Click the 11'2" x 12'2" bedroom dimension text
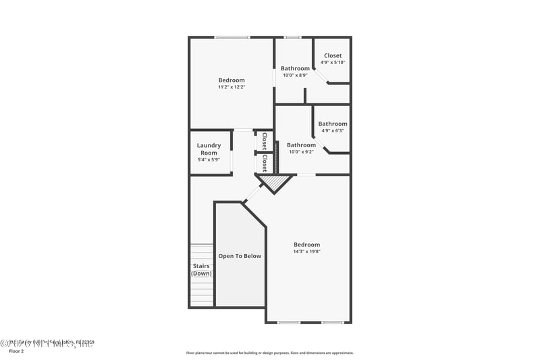[231, 87]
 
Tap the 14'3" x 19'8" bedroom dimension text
[306, 251]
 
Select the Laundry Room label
[209, 149]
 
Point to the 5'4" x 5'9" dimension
[209, 160]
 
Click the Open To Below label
[240, 256]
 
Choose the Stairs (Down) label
[201, 269]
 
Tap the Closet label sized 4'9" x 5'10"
[333, 55]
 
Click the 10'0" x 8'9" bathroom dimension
[295, 75]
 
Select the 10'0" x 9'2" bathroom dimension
[301, 152]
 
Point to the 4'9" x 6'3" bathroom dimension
[333, 130]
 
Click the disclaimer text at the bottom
[269, 353]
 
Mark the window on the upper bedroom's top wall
[232, 37]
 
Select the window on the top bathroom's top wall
[292, 37]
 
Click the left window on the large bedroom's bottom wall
[289, 322]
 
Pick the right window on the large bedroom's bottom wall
[332, 322]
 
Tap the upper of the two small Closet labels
[264, 140]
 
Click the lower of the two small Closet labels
[265, 163]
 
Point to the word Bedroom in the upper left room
[231, 80]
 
